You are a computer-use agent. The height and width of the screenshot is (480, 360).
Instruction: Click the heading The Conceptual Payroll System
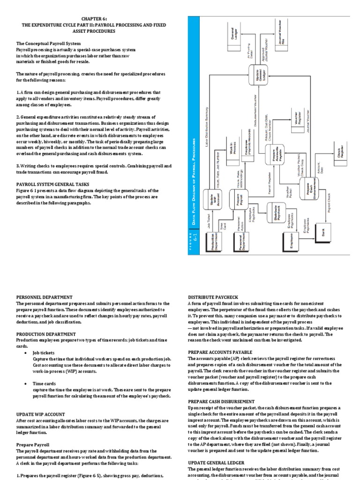coord(48,44)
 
